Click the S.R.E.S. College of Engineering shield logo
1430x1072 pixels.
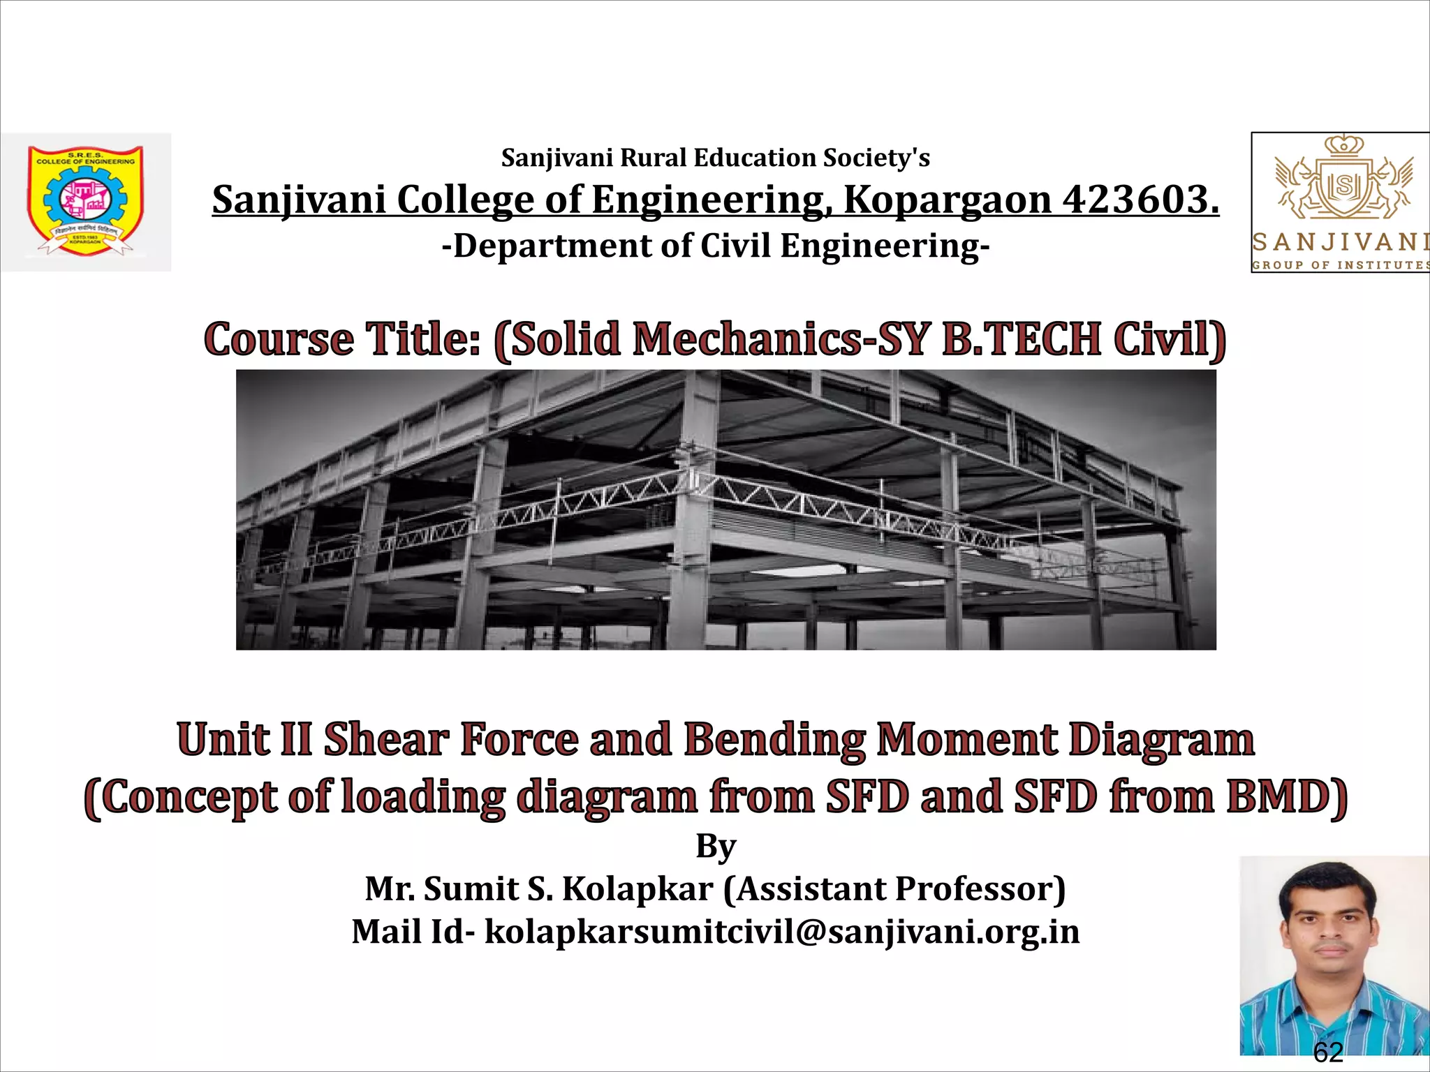(x=85, y=200)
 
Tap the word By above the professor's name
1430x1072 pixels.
(x=716, y=847)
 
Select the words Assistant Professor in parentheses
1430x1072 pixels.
(x=894, y=889)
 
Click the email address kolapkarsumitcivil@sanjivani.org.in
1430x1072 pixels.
(x=782, y=932)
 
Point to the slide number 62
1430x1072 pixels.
(x=1328, y=1052)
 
